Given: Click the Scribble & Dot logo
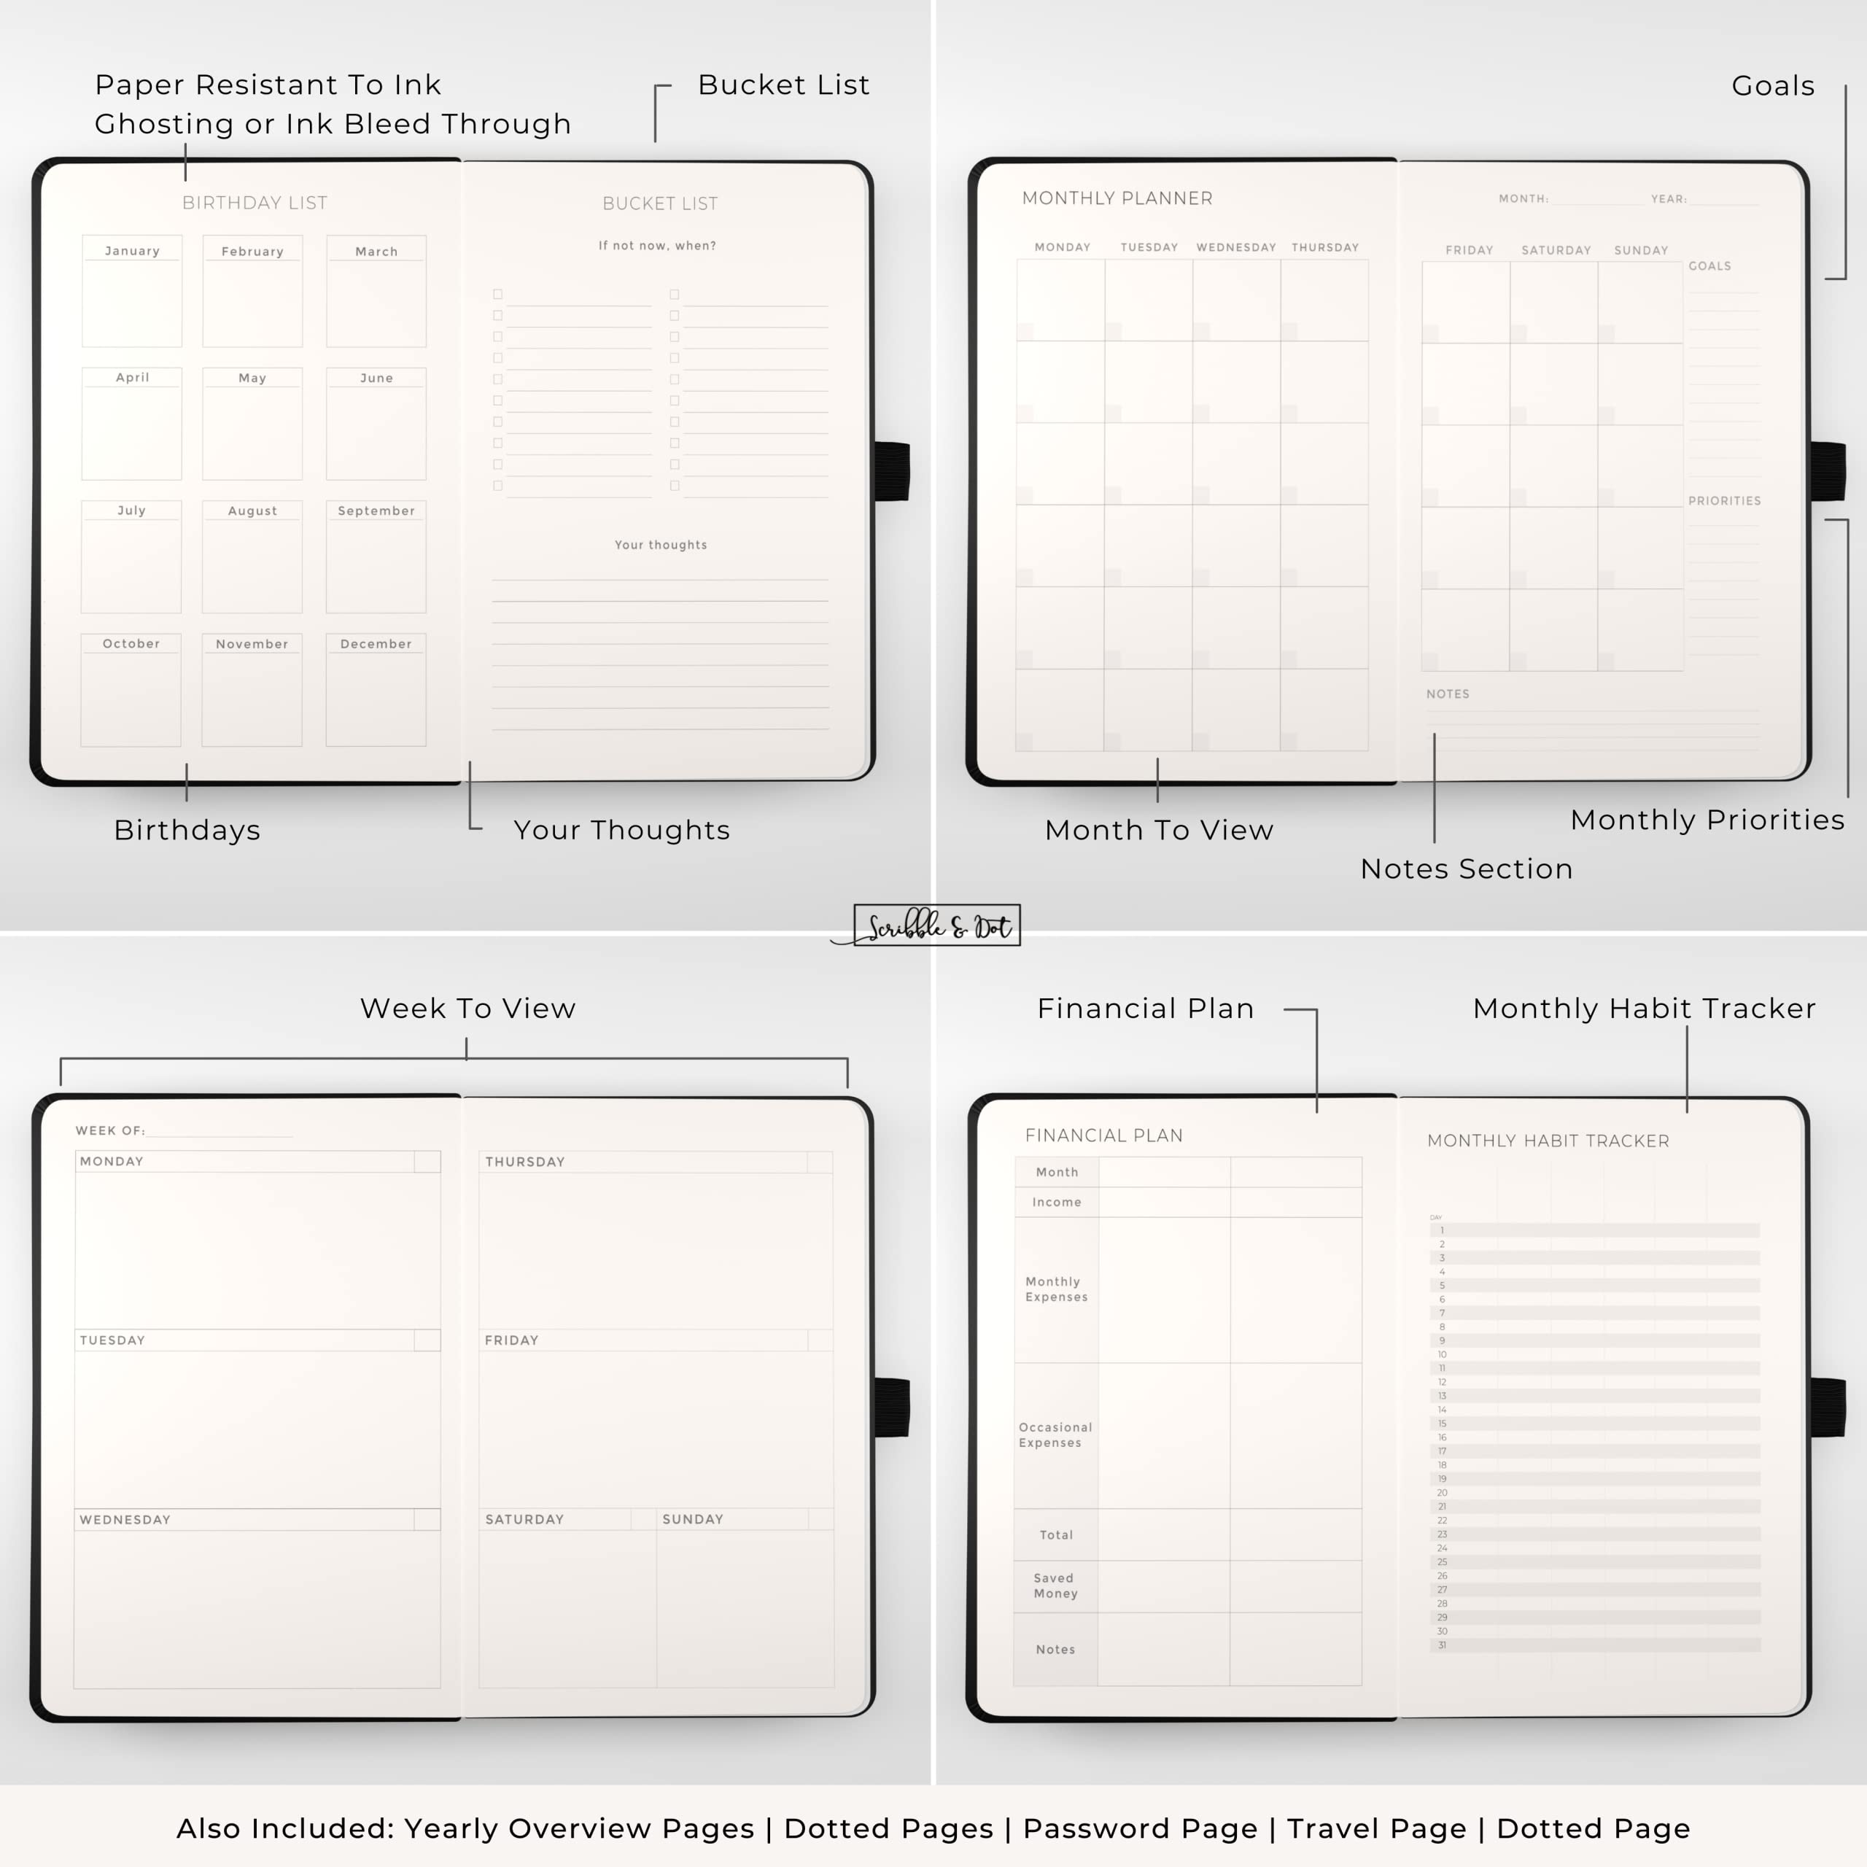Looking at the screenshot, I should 936,925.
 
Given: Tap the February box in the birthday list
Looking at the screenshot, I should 252,290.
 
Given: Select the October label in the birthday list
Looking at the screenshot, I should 131,643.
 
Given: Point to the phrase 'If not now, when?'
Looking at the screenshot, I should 657,246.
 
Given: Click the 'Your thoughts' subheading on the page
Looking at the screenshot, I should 661,545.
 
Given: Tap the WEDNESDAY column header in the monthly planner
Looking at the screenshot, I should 1236,247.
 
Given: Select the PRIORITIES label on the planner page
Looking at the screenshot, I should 1724,500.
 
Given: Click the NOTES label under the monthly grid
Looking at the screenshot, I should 1448,694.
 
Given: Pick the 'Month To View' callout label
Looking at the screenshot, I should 1159,830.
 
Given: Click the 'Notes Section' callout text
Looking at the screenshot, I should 1466,869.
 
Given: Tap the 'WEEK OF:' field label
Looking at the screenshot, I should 110,1130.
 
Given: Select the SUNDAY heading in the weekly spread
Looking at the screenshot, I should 693,1519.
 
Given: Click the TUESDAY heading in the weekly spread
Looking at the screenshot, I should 112,1340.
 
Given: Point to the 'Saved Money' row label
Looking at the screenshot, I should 1055,1585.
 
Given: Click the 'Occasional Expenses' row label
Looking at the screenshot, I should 1055,1435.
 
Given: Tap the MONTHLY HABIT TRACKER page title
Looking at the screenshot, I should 1548,1141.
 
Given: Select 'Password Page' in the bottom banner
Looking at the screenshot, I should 1141,1828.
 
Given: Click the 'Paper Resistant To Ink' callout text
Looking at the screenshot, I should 268,85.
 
